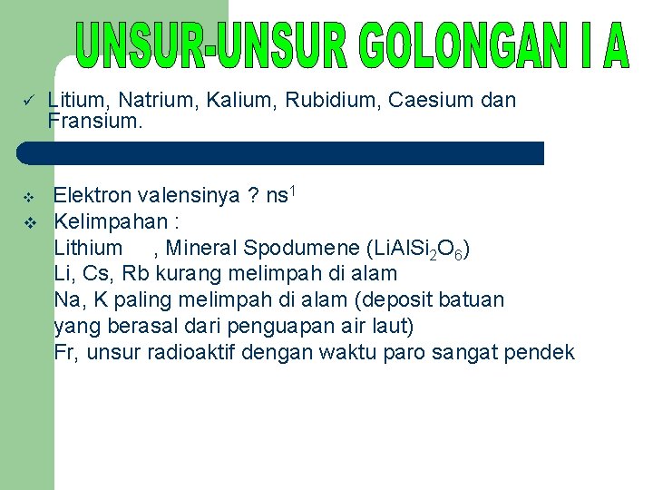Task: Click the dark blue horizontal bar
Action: pos(281,152)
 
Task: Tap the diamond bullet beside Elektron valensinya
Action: pos(28,196)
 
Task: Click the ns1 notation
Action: pos(282,194)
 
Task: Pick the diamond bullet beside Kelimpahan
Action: pos(28,222)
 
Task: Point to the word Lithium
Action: pos(88,248)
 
